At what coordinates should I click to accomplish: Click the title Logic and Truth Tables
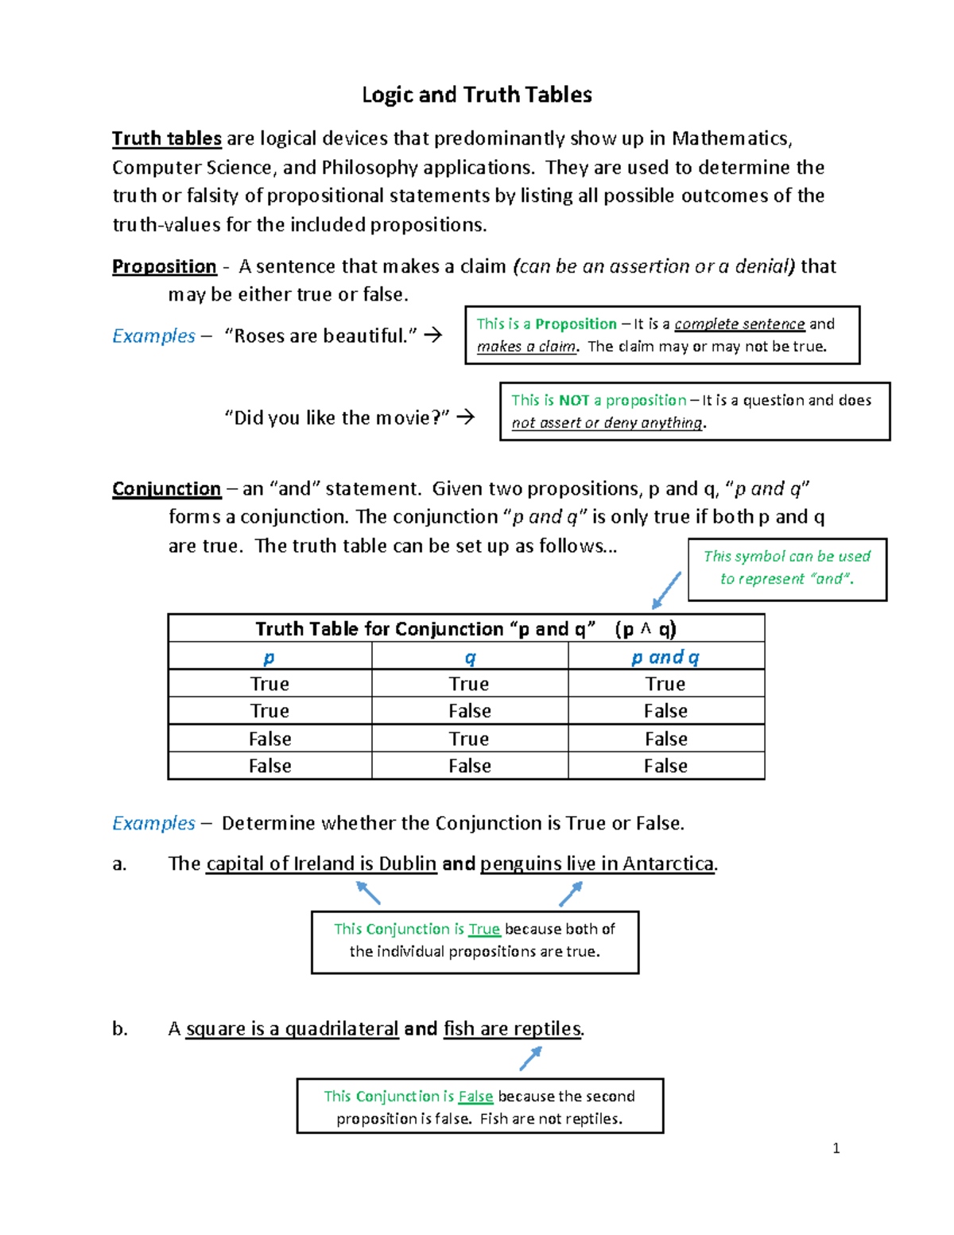476,95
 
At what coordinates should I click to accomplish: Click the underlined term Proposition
164,266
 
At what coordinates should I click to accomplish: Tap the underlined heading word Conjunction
166,488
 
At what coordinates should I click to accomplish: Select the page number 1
836,1148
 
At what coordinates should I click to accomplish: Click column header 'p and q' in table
665,657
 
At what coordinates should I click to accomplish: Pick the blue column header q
470,657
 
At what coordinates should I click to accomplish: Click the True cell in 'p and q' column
665,684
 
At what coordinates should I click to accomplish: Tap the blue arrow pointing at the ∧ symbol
666,590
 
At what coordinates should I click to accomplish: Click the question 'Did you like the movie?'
338,417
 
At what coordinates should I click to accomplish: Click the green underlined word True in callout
483,929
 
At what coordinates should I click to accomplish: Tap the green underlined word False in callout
475,1096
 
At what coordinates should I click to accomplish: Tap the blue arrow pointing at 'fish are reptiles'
530,1058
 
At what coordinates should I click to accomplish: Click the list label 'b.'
119,1028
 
